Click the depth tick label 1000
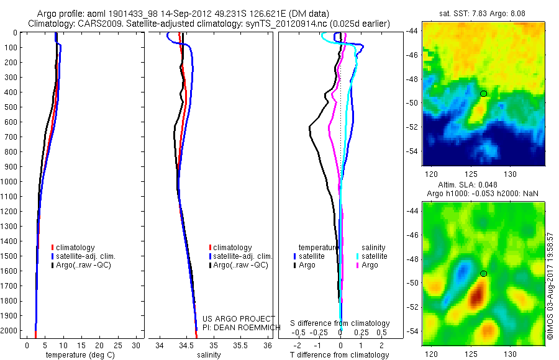pyautogui.click(x=11, y=182)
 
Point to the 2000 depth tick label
pyautogui.click(x=11, y=331)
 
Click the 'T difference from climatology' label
pyautogui.click(x=340, y=355)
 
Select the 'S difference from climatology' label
pyautogui.click(x=340, y=323)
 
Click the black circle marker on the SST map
pyautogui.click(x=484, y=94)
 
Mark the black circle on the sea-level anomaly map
pyautogui.click(x=484, y=274)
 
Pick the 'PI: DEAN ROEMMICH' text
pyautogui.click(x=239, y=326)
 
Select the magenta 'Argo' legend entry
pyautogui.click(x=367, y=265)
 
